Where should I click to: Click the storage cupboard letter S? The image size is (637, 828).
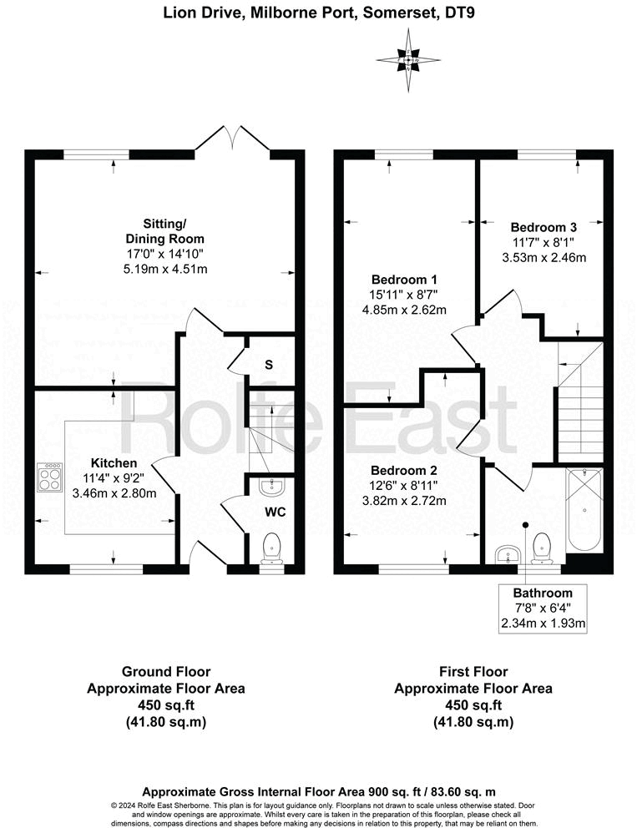tap(268, 364)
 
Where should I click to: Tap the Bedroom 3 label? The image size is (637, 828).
tap(543, 226)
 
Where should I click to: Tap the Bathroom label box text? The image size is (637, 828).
tap(543, 592)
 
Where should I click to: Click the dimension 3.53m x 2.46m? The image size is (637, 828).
tap(543, 257)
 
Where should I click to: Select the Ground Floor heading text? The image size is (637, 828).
tap(166, 671)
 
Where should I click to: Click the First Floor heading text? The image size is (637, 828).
tap(473, 671)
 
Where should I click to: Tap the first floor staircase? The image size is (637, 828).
tap(580, 409)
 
